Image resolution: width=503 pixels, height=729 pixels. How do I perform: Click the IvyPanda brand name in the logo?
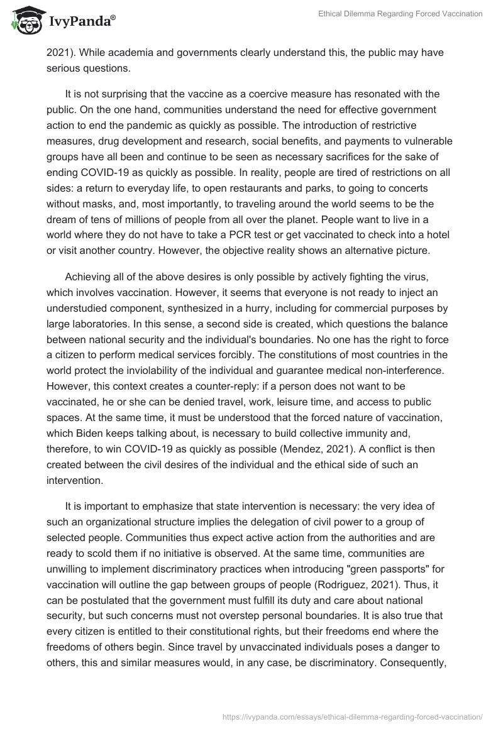tap(82, 21)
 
